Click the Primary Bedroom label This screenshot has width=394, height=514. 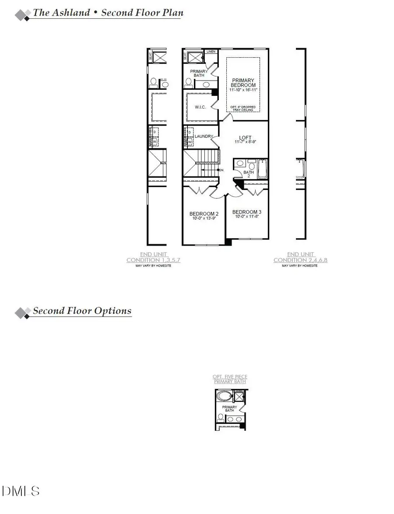[x=243, y=83]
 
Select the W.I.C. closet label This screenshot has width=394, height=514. [x=195, y=107]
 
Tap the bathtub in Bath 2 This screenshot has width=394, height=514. [x=262, y=169]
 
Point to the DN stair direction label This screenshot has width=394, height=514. [x=221, y=169]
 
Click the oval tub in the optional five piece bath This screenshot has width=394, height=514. [x=225, y=397]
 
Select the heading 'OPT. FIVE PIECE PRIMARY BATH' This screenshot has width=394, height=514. [x=230, y=379]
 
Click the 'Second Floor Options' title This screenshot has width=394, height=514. [x=82, y=311]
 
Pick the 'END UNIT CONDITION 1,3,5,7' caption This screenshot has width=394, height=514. [x=153, y=257]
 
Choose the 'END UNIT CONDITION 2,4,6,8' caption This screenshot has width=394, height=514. [x=300, y=257]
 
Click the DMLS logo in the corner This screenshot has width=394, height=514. [x=21, y=491]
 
